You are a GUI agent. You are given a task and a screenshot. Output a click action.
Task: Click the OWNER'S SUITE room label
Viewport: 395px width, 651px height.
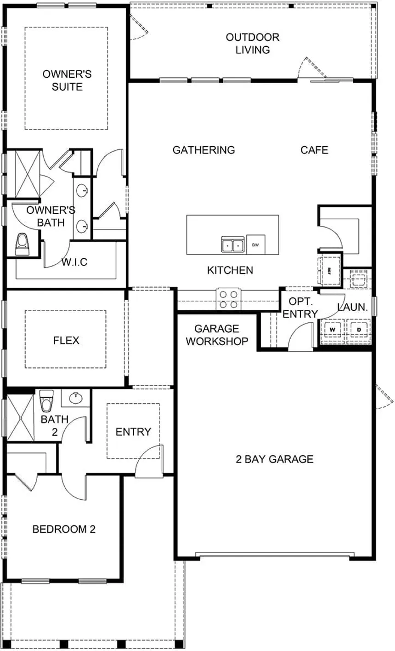pos(67,80)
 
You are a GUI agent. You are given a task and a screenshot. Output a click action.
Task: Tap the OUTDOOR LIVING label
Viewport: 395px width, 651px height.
pos(252,43)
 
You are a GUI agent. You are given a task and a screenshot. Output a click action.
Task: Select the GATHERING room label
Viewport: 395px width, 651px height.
pos(203,150)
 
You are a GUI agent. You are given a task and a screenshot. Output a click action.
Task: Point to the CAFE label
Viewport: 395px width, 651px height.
pos(314,150)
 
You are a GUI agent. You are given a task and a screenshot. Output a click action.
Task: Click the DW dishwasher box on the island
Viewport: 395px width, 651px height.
pos(255,245)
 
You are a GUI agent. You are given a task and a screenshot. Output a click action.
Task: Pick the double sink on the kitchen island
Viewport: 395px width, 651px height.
pos(233,245)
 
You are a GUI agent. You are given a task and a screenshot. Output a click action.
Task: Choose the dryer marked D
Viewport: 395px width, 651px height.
pos(359,330)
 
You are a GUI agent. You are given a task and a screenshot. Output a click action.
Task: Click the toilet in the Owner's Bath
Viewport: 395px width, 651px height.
pos(22,244)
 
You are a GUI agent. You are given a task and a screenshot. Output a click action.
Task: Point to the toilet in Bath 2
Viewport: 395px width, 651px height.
pos(46,401)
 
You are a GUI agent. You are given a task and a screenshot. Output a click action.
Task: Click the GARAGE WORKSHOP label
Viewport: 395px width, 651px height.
pos(217,335)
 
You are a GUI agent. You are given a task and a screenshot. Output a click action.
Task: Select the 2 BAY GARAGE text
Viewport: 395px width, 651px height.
pos(274,459)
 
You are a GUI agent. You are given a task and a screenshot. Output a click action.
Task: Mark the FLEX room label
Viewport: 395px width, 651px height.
pos(66,340)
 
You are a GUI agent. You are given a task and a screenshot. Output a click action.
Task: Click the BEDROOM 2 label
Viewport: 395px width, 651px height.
pos(64,529)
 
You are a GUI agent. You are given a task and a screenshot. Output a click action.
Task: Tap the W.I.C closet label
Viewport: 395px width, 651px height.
pos(74,263)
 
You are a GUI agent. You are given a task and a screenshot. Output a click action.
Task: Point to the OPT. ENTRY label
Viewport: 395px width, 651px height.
pos(300,308)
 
